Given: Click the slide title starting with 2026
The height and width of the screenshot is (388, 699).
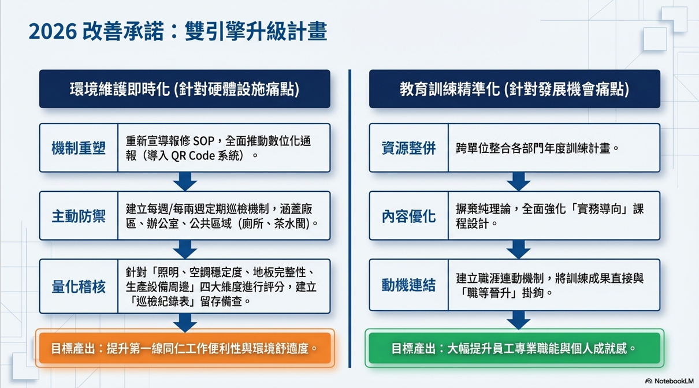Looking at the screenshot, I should pos(177,32).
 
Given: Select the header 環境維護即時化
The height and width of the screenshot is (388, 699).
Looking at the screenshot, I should pos(184,89).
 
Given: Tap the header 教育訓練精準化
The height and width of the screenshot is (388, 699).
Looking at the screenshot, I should pos(514,89).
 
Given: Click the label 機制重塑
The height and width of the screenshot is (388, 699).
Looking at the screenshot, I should pos(79,148).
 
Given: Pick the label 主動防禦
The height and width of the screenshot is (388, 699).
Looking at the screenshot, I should pos(79,216).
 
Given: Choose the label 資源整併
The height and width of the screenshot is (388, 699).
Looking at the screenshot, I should pos(408,148).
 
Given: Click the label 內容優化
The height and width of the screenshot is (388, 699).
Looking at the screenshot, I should pos(408,216).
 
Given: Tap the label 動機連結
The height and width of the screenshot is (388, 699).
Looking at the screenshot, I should pos(408,285).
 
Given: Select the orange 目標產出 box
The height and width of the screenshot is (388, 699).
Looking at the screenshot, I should pos(184,348).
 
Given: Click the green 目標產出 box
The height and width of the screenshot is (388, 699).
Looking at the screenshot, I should pos(514,348).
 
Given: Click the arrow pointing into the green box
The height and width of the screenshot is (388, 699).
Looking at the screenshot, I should pos(518,319).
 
